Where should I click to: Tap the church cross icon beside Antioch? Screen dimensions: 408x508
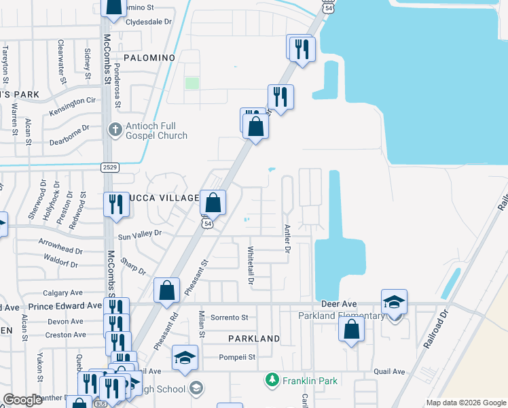[x=115, y=129]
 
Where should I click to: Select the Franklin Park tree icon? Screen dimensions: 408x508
[x=272, y=379]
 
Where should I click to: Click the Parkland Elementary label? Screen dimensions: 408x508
[x=341, y=316]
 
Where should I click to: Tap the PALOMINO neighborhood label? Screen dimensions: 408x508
[x=149, y=58]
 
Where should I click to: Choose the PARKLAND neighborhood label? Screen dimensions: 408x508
[x=254, y=338]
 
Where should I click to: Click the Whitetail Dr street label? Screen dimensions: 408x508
[x=251, y=265]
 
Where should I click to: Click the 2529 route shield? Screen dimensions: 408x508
[x=111, y=167]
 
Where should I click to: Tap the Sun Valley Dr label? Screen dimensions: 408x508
[x=140, y=234]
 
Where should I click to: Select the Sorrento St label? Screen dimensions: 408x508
[x=230, y=318]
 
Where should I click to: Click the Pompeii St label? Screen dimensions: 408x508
[x=236, y=356]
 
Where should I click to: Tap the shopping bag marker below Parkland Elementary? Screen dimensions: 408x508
[x=351, y=329]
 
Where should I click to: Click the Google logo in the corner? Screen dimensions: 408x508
[x=23, y=400]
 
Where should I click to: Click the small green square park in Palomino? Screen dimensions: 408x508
[x=192, y=83]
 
